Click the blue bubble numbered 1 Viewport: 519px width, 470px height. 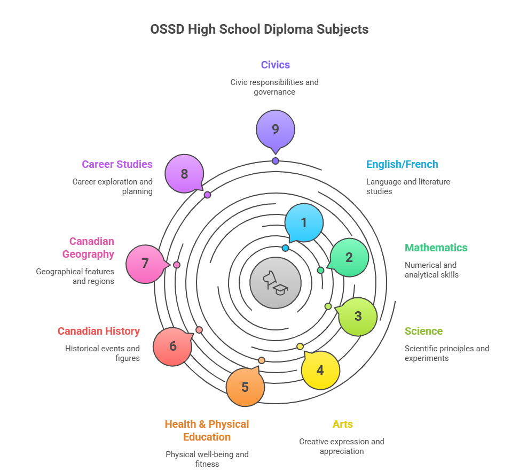[x=304, y=223]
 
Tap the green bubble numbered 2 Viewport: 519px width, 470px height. [x=349, y=257]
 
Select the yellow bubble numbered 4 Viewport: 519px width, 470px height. [x=320, y=370]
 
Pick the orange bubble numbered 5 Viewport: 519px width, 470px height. [x=245, y=387]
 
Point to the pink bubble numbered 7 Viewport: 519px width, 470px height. [x=145, y=264]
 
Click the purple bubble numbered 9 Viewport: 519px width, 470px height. [x=276, y=129]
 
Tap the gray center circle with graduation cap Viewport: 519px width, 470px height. [x=276, y=283]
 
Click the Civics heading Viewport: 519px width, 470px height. [x=276, y=65]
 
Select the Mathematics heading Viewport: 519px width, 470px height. [x=436, y=248]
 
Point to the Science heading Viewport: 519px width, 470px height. [x=423, y=331]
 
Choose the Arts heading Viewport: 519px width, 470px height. [x=342, y=424]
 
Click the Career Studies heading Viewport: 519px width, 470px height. [x=117, y=164]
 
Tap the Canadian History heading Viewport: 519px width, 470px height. [x=99, y=331]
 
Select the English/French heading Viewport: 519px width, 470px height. [x=402, y=164]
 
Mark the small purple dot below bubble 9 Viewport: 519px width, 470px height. [x=276, y=161]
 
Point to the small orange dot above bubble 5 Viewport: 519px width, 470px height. [x=262, y=360]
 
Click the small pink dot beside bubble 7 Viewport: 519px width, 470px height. [x=177, y=265]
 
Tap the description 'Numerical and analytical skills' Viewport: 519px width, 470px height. [x=431, y=269]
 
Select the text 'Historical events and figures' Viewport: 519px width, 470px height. [x=103, y=353]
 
